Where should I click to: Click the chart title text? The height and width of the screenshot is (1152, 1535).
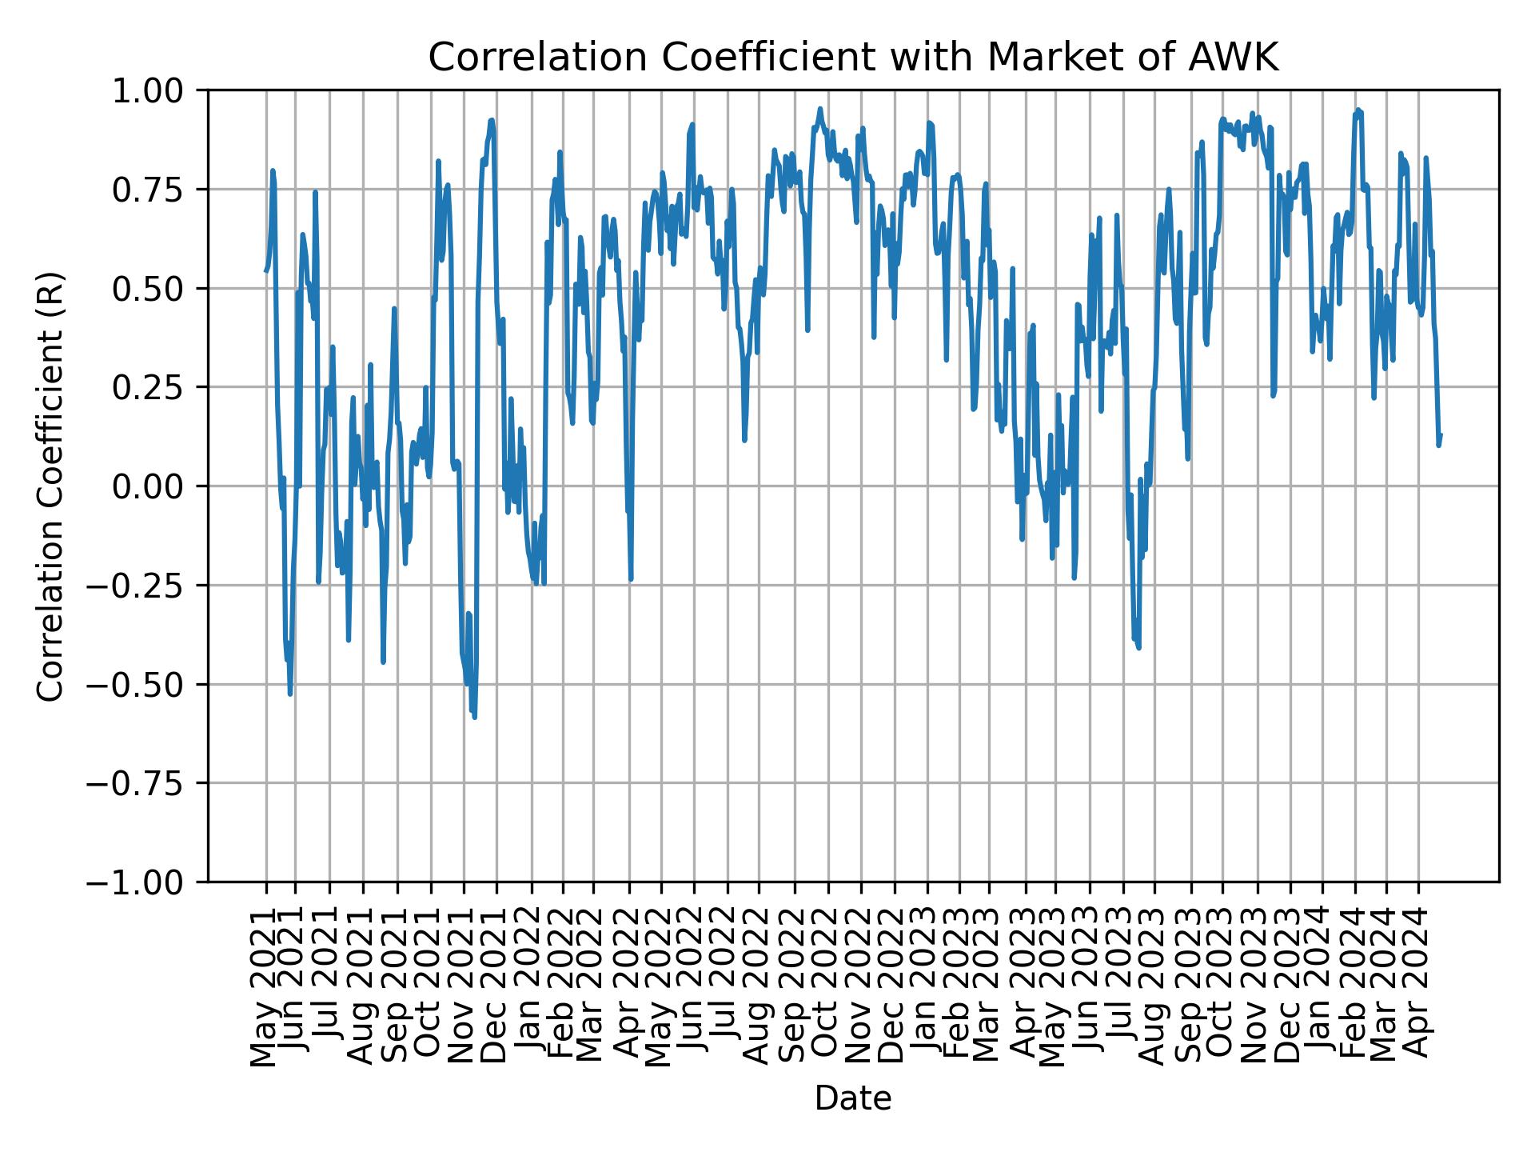tap(853, 58)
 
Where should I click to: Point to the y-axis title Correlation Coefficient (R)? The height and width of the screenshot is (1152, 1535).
tap(50, 486)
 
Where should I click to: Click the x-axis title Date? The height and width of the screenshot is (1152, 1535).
tap(852, 1099)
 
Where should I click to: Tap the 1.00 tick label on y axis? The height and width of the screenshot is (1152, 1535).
tap(159, 90)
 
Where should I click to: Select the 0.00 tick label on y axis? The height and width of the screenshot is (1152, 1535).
tap(159, 486)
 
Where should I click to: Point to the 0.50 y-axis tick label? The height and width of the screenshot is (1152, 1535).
tap(159, 288)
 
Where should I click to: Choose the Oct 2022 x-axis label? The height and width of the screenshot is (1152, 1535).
tap(827, 984)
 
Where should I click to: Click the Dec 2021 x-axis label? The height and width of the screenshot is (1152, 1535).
tap(495, 984)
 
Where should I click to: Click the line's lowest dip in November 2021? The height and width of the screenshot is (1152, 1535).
tap(475, 717)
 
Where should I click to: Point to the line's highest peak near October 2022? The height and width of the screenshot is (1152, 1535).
tap(819, 109)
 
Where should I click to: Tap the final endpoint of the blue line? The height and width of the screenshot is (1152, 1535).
tap(1441, 434)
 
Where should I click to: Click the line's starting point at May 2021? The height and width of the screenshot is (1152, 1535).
tap(266, 270)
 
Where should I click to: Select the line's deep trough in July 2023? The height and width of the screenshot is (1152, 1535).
tap(1138, 647)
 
